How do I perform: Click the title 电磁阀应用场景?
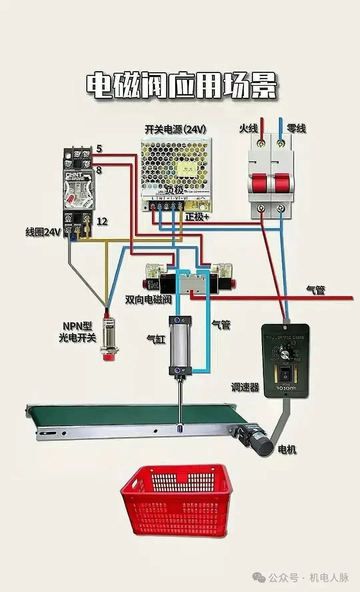coord(182,86)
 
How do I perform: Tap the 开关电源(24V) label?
coord(175,129)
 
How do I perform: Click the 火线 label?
coord(248,128)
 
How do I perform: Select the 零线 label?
coord(296,128)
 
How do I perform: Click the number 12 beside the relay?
coord(102,221)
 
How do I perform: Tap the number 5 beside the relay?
coord(99,149)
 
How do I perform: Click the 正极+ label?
coord(197,217)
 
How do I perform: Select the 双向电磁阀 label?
coord(148,299)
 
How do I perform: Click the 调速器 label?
coord(245,387)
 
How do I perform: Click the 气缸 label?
coord(156,339)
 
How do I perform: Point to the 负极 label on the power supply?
coord(175,190)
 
